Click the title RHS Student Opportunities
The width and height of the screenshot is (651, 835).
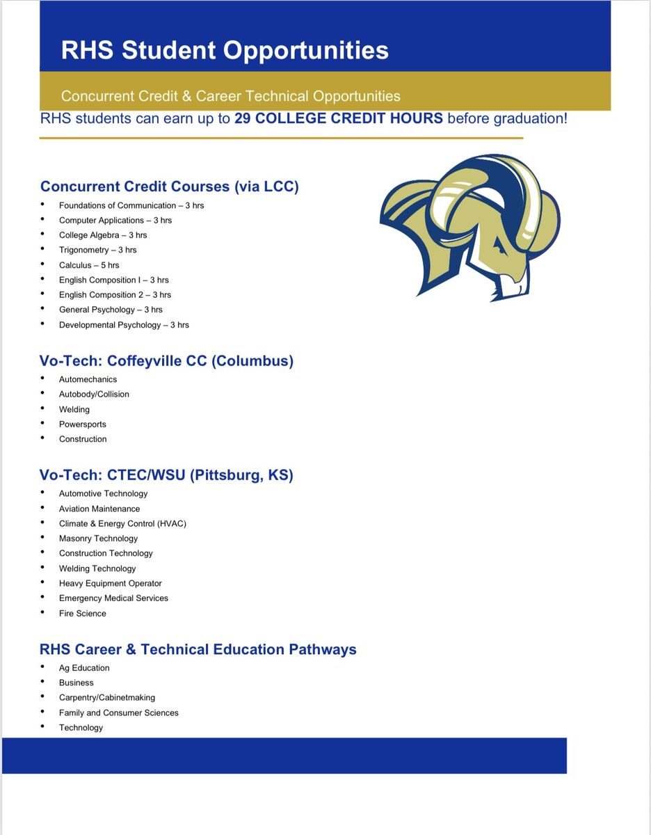pyautogui.click(x=225, y=50)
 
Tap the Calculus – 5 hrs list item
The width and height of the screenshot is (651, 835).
pyautogui.click(x=89, y=265)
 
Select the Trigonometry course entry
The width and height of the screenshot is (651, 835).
pyautogui.click(x=97, y=250)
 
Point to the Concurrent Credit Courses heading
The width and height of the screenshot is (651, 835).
pyautogui.click(x=170, y=186)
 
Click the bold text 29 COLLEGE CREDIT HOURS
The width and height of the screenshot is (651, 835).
pyautogui.click(x=338, y=118)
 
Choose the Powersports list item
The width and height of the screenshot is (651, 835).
pyautogui.click(x=83, y=424)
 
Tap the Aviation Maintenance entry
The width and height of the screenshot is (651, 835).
pyautogui.click(x=99, y=509)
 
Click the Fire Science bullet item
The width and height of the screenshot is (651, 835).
pyautogui.click(x=83, y=614)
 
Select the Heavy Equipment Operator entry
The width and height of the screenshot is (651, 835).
pyautogui.click(x=110, y=584)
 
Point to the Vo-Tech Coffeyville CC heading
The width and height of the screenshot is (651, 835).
pyautogui.click(x=166, y=361)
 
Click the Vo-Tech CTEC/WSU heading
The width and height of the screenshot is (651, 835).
pyautogui.click(x=166, y=475)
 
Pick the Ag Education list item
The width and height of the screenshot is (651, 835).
pyautogui.click(x=84, y=668)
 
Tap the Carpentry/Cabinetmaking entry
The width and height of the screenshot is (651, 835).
pyautogui.click(x=107, y=698)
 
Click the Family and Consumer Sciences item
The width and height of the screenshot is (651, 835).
pyautogui.click(x=119, y=713)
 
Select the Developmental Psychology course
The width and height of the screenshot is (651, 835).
pyautogui.click(x=124, y=325)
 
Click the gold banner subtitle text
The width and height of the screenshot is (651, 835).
pyautogui.click(x=230, y=96)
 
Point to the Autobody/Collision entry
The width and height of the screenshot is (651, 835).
pyautogui.click(x=94, y=395)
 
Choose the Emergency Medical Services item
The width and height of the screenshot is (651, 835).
pyautogui.click(x=113, y=598)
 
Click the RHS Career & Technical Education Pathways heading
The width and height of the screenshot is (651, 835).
pyautogui.click(x=198, y=649)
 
